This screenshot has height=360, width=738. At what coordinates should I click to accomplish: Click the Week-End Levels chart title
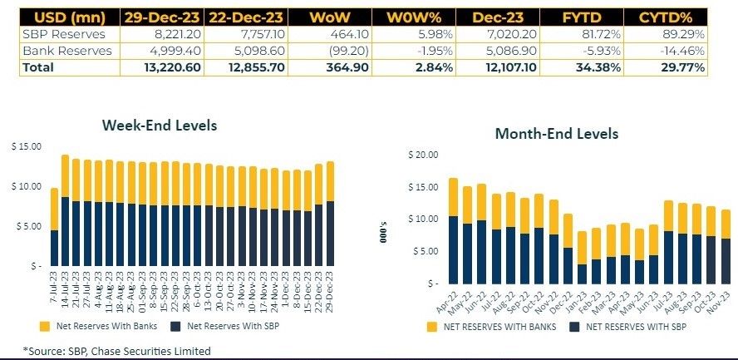coord(159,126)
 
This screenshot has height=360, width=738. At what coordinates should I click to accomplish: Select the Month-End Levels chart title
coord(556,133)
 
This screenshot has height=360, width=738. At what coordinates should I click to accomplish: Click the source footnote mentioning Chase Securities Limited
coord(116,351)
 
